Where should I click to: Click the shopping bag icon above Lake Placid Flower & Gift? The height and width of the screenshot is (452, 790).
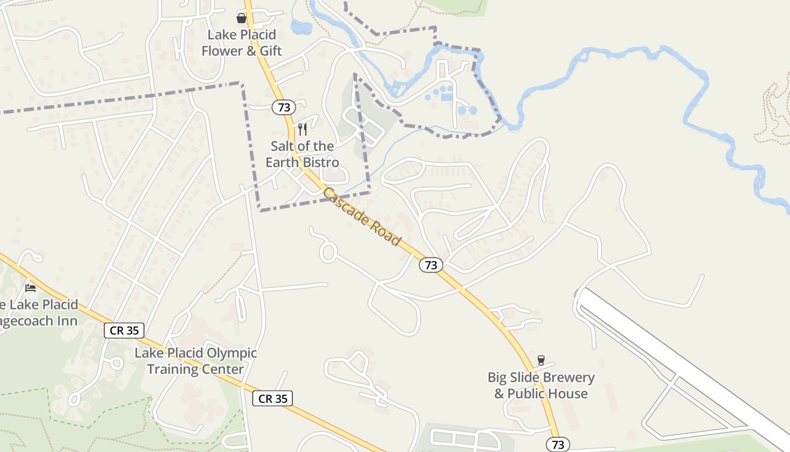pos(242,18)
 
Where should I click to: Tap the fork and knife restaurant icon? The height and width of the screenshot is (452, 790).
pos(302,129)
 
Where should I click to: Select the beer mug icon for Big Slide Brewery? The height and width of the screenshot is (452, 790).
pos(541,360)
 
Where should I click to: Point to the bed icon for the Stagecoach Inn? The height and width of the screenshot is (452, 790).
pos(30,288)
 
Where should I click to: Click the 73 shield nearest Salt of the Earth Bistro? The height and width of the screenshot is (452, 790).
pos(284,107)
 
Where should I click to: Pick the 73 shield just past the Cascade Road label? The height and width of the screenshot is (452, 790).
pos(431,265)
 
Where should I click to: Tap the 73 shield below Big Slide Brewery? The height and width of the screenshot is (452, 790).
pos(558,445)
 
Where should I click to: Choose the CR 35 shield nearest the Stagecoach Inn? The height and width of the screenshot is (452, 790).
pos(124,331)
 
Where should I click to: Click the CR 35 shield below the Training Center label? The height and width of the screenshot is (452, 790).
pos(273,398)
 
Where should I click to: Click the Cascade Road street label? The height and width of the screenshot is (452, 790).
pos(362,216)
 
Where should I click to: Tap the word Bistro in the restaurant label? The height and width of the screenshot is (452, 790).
pos(319,163)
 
